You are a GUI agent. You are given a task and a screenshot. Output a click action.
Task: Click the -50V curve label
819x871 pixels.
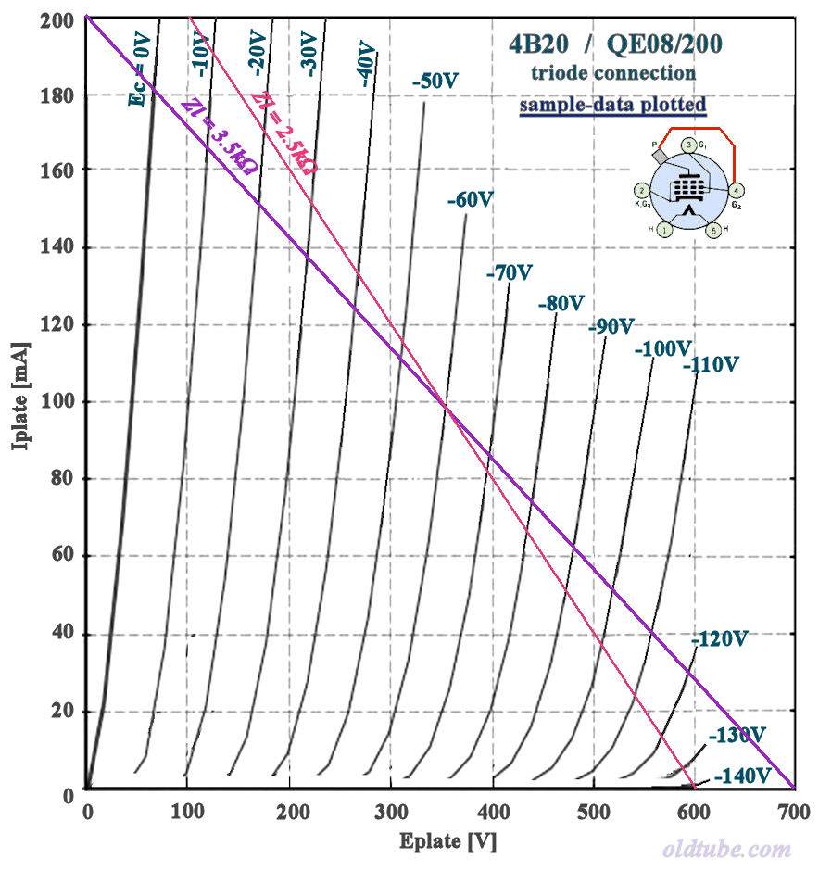point(435,82)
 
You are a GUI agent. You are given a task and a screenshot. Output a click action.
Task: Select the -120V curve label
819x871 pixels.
point(719,639)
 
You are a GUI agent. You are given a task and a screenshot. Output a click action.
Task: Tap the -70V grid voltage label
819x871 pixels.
point(510,273)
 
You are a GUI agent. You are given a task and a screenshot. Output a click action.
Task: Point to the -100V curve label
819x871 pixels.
point(662,349)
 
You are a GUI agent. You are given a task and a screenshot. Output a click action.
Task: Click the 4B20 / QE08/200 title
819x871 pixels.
point(615,44)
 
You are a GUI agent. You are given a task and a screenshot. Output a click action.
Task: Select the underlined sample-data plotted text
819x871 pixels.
point(612,105)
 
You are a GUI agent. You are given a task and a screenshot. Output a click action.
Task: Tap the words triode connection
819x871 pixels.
point(612,72)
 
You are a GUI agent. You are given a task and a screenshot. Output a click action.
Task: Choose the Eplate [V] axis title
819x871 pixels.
point(443,841)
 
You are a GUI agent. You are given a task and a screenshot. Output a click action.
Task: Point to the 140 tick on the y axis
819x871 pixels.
point(57,247)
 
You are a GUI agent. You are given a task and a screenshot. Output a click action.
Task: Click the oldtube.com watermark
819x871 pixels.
point(727,849)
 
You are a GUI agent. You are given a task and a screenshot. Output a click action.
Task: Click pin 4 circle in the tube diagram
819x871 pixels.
point(737,190)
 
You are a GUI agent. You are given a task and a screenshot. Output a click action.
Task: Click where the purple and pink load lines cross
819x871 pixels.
point(445,410)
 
